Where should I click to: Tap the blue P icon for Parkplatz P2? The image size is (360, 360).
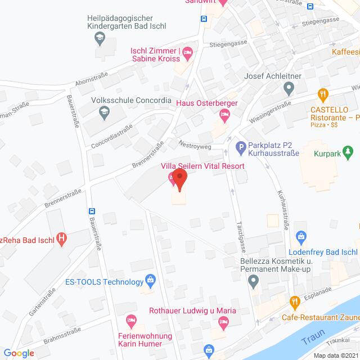pyautogui.click(x=241, y=148)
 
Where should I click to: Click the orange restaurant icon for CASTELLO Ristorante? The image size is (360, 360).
pyautogui.click(x=322, y=94)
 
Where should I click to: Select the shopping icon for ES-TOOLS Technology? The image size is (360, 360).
pyautogui.click(x=150, y=280)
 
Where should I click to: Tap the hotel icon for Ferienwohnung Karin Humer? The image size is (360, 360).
pyautogui.click(x=131, y=320)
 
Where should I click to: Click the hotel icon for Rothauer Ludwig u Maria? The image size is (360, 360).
pyautogui.click(x=223, y=322)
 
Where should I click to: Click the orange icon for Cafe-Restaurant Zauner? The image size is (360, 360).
pyautogui.click(x=294, y=301)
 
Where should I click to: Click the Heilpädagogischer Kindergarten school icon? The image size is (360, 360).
pyautogui.click(x=100, y=39)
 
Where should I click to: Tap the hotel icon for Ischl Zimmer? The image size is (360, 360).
pyautogui.click(x=188, y=53)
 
